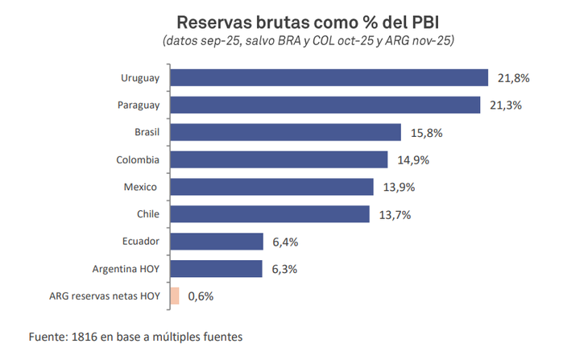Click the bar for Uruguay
click(330, 77)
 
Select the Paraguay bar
click(326, 105)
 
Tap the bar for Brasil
click(287, 132)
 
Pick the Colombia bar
click(280, 159)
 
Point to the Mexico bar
click(273, 187)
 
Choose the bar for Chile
click(271, 214)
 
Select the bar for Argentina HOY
click(217, 269)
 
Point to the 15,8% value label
click(424, 133)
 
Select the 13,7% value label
click(393, 215)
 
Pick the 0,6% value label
click(201, 296)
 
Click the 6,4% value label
click(285, 242)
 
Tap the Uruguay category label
click(140, 78)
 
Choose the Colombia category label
click(136, 160)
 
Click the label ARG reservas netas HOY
click(105, 296)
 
